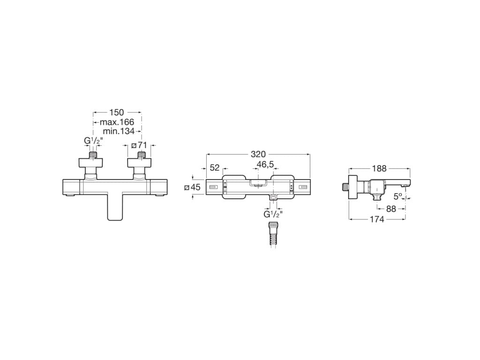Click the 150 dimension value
tap(116, 112)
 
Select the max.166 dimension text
tap(117, 122)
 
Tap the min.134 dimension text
tap(119, 131)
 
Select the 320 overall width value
tap(258, 154)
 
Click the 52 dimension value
tap(215, 168)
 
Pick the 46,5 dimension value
tap(266, 164)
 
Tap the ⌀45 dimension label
tap(192, 187)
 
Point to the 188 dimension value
tap(379, 169)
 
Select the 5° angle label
tap(397, 196)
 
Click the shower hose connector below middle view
tap(272, 233)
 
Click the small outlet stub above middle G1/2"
tap(273, 198)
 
